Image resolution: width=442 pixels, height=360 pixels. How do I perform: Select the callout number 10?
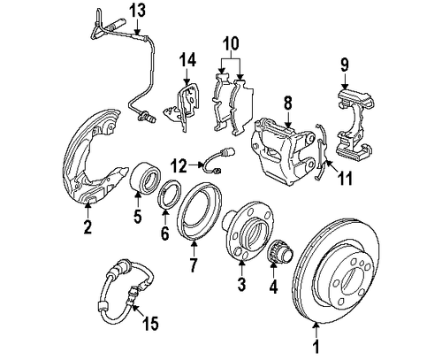231,42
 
